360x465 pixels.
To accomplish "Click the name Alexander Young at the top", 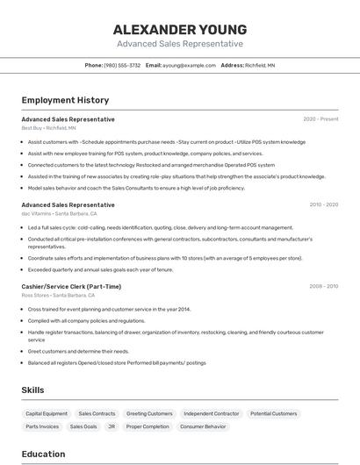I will click(180, 29).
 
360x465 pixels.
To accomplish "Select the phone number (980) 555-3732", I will click(122, 65).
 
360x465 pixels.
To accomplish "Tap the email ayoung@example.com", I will click(189, 65).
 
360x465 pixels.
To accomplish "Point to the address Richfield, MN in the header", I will click(260, 65).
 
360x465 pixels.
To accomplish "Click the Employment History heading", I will click(65, 100).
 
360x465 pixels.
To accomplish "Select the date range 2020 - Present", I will click(320, 119).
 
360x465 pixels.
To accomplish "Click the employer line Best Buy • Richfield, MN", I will click(48, 128).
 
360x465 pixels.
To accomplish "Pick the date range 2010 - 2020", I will click(323, 204).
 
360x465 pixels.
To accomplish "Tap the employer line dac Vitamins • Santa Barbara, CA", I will click(59, 214).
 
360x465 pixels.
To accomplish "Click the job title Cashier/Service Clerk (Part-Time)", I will click(71, 286).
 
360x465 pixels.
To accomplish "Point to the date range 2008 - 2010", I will click(323, 286).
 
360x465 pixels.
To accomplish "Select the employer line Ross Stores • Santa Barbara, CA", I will click(59, 296).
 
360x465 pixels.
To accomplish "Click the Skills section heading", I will click(33, 390).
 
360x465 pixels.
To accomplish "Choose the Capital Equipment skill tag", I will click(47, 413).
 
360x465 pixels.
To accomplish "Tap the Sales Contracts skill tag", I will click(97, 413).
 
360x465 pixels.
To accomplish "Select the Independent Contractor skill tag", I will click(211, 413).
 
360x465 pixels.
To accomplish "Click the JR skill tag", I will click(112, 426).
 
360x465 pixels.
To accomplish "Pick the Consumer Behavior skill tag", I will click(203, 426).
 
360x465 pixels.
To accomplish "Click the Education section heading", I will click(43, 454).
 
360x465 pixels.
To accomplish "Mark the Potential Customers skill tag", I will click(273, 413).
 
